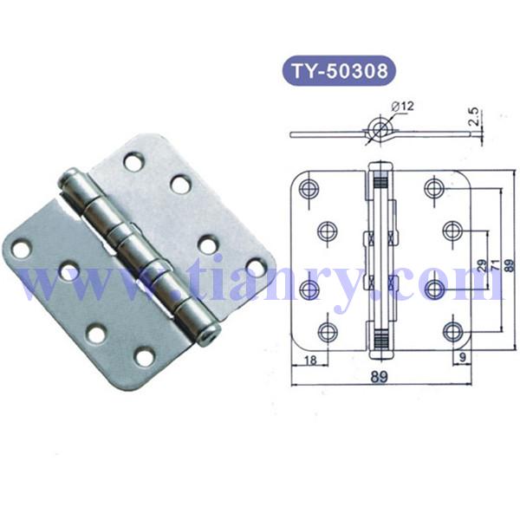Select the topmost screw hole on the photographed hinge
tap(133, 160)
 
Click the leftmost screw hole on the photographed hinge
tap(21, 250)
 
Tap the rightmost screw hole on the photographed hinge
tap(256, 266)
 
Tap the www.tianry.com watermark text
tap(260, 282)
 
